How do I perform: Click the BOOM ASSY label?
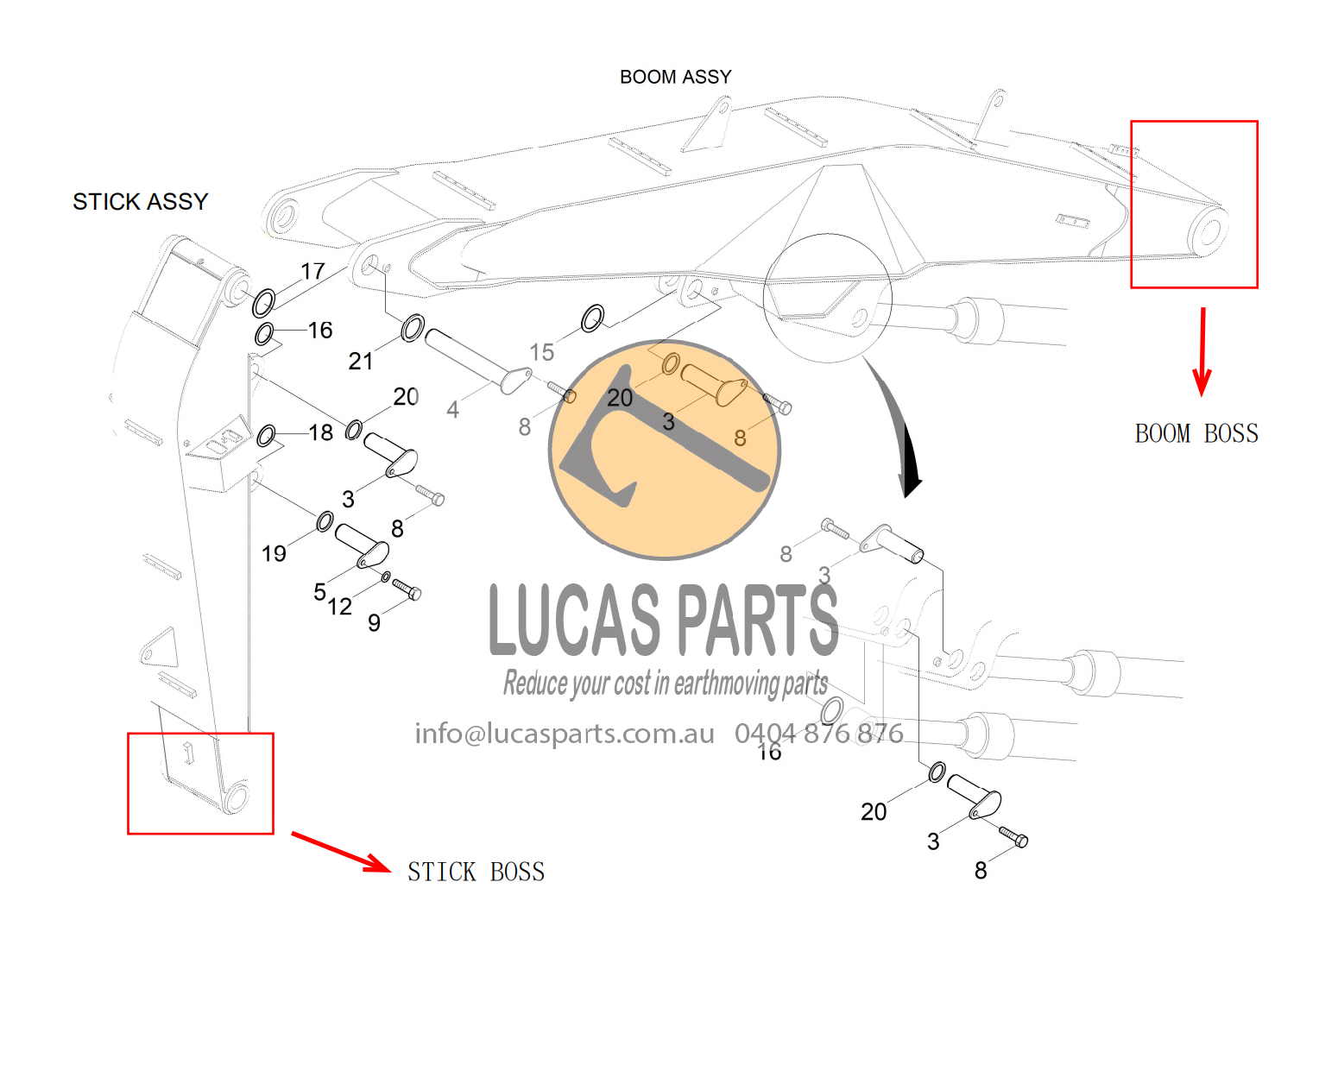point(675,78)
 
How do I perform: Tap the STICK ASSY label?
point(140,202)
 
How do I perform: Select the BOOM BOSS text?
point(1196,434)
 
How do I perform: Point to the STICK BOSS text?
point(476,873)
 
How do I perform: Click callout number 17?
point(312,272)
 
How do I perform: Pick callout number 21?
point(361,362)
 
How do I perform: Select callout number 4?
point(452,410)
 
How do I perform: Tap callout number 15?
point(541,352)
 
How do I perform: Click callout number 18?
point(321,433)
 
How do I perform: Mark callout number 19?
point(274,554)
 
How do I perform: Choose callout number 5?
point(319,592)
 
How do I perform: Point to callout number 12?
point(340,608)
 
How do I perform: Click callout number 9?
point(374,623)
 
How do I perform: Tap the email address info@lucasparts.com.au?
point(565,734)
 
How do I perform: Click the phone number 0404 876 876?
point(818,734)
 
